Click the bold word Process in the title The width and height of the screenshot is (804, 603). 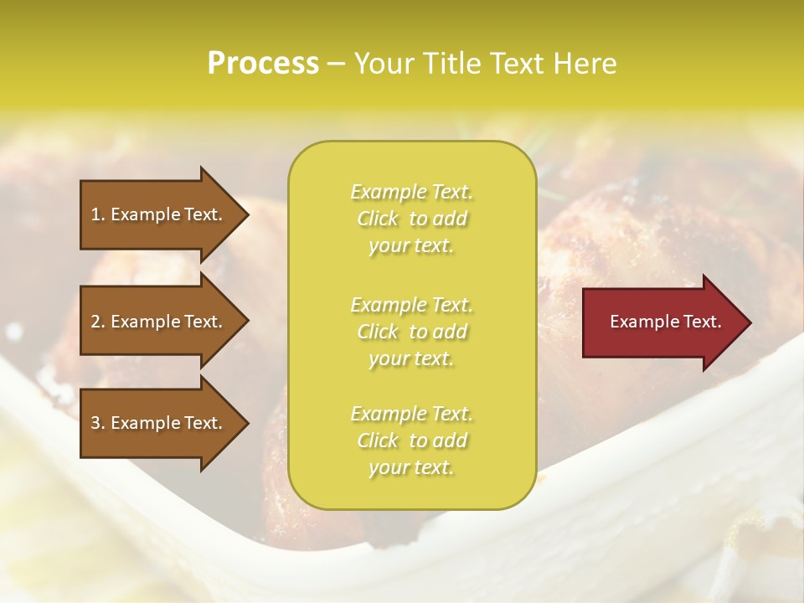point(263,64)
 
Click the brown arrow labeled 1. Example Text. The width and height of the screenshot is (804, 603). point(159,214)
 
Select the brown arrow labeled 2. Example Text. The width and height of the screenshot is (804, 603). point(159,322)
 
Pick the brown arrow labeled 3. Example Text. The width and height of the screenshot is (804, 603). point(159,423)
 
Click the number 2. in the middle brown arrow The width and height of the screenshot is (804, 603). point(98,322)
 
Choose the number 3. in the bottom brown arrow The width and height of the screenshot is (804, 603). point(98,423)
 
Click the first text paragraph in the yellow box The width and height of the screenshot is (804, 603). point(411,219)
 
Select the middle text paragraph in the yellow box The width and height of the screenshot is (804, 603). point(411,331)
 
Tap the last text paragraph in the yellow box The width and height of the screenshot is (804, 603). point(411,441)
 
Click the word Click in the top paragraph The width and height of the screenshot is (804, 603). point(378,219)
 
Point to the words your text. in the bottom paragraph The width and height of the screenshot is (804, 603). point(411,467)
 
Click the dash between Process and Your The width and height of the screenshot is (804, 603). point(336,64)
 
